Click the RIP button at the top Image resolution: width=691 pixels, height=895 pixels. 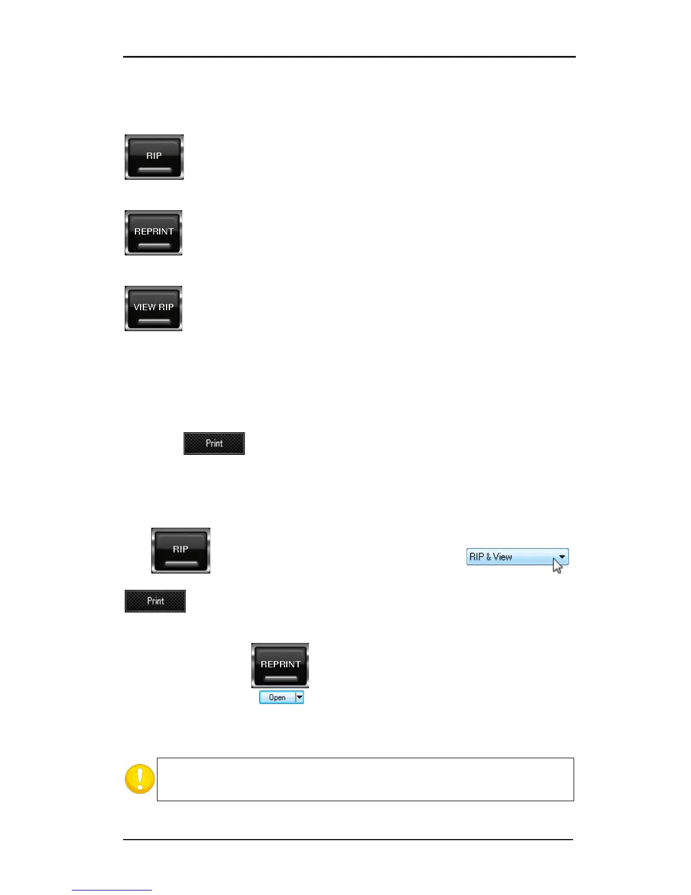coord(154,157)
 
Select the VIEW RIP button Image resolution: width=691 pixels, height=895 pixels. coord(154,309)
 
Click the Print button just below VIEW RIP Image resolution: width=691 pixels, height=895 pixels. coord(214,444)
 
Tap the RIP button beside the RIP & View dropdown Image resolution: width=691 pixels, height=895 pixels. coord(181,550)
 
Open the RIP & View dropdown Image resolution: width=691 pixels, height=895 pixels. coord(517,557)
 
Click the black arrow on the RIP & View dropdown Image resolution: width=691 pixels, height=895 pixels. coord(562,557)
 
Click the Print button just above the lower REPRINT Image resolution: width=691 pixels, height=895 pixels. coord(155,601)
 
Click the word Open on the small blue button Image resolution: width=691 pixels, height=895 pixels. coord(277,698)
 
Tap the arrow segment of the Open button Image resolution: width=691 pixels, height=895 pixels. coord(300,698)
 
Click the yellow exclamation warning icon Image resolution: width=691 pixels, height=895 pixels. coord(139,779)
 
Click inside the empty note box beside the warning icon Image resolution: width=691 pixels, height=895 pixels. coord(365,779)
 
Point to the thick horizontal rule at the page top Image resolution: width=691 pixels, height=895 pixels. coord(349,57)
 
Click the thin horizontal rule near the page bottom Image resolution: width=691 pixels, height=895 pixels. coord(348,840)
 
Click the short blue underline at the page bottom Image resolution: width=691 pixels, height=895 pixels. coord(112,890)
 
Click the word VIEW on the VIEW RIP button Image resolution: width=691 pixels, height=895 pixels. coord(144,307)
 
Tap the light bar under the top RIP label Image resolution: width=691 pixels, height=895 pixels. coord(155,170)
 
